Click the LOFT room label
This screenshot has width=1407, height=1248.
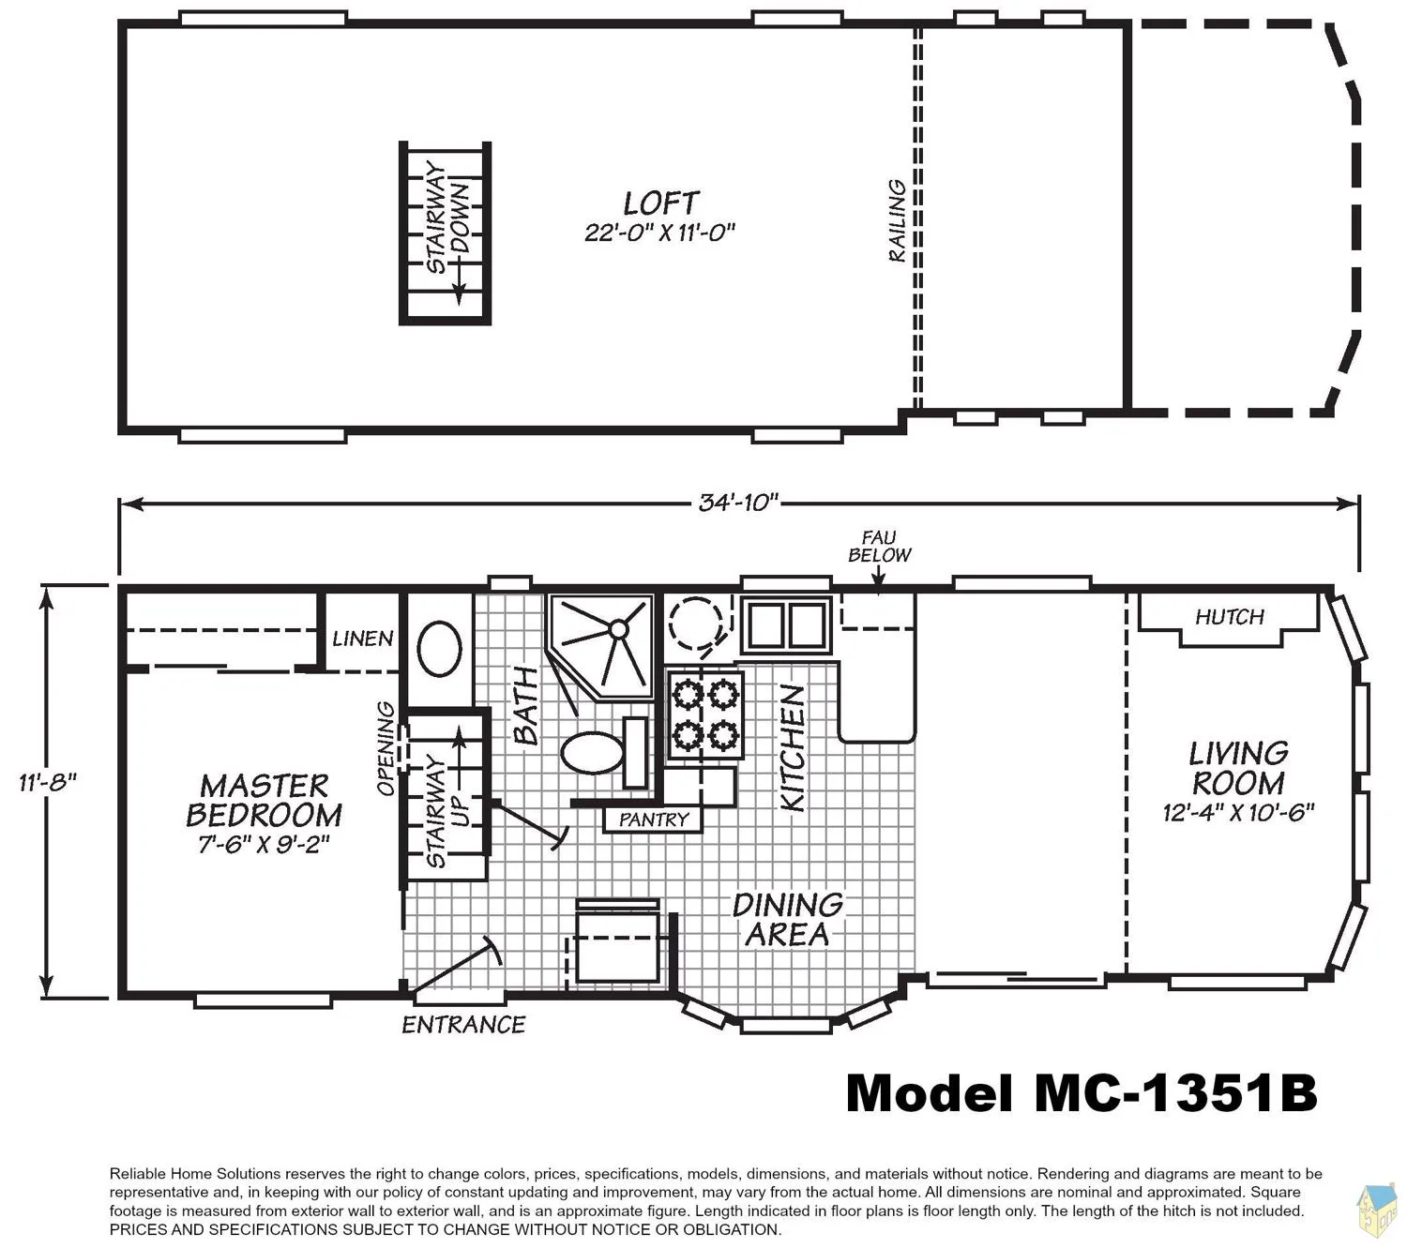click(x=659, y=203)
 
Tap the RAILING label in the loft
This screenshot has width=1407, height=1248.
click(x=897, y=220)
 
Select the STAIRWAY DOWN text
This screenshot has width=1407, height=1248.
click(x=446, y=217)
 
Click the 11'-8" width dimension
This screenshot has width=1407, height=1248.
click(x=47, y=782)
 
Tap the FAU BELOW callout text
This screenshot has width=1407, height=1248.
click(x=879, y=547)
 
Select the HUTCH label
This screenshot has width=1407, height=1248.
click(x=1229, y=616)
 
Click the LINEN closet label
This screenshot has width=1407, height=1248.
click(x=362, y=638)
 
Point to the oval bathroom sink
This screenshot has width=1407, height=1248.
click(x=439, y=649)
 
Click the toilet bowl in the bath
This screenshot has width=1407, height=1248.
click(x=592, y=752)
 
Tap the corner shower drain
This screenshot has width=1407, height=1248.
click(x=617, y=629)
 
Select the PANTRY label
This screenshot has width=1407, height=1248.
click(x=653, y=819)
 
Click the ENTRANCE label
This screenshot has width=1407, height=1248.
click(x=463, y=1025)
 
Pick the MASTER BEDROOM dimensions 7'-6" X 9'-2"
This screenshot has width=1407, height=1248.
click(x=264, y=844)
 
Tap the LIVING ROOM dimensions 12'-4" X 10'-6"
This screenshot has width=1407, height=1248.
click(x=1238, y=812)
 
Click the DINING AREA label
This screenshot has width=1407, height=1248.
click(x=788, y=920)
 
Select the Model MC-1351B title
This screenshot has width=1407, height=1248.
click(x=1082, y=1094)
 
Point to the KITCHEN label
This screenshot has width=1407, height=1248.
click(x=793, y=747)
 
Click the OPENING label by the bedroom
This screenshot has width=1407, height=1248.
click(x=386, y=748)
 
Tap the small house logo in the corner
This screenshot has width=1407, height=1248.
click(x=1376, y=1211)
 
